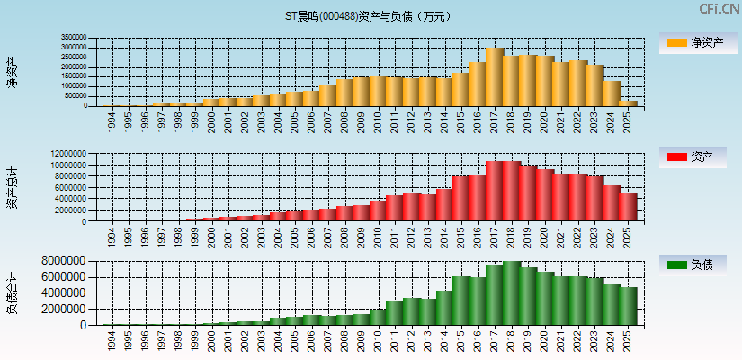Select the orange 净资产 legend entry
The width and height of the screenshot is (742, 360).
pos(693,42)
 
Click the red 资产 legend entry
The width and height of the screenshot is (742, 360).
pos(693,157)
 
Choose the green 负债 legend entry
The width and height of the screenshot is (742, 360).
pos(693,265)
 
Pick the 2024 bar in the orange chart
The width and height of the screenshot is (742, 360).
pos(611,94)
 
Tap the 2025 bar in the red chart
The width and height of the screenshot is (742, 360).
pos(627,207)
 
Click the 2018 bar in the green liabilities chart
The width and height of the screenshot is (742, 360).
pos(511,293)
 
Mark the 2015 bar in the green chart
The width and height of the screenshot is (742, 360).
pos(460,301)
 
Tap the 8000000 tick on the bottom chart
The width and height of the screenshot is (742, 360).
pos(67,261)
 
